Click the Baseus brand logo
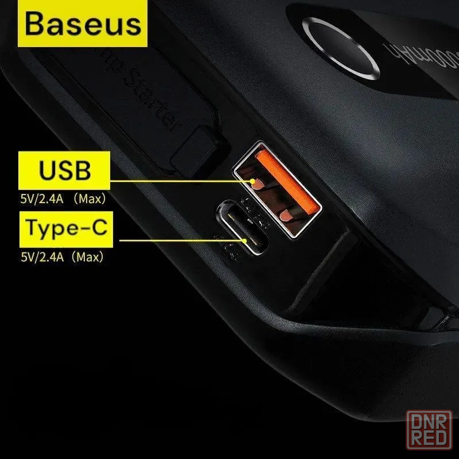pos(83,24)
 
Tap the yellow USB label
pos(64,170)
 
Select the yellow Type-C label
pos(64,228)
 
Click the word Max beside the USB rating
pos(92,200)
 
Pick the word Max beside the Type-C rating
pos(92,258)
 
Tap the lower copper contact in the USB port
pos(287,215)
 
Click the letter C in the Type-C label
pos(99,228)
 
